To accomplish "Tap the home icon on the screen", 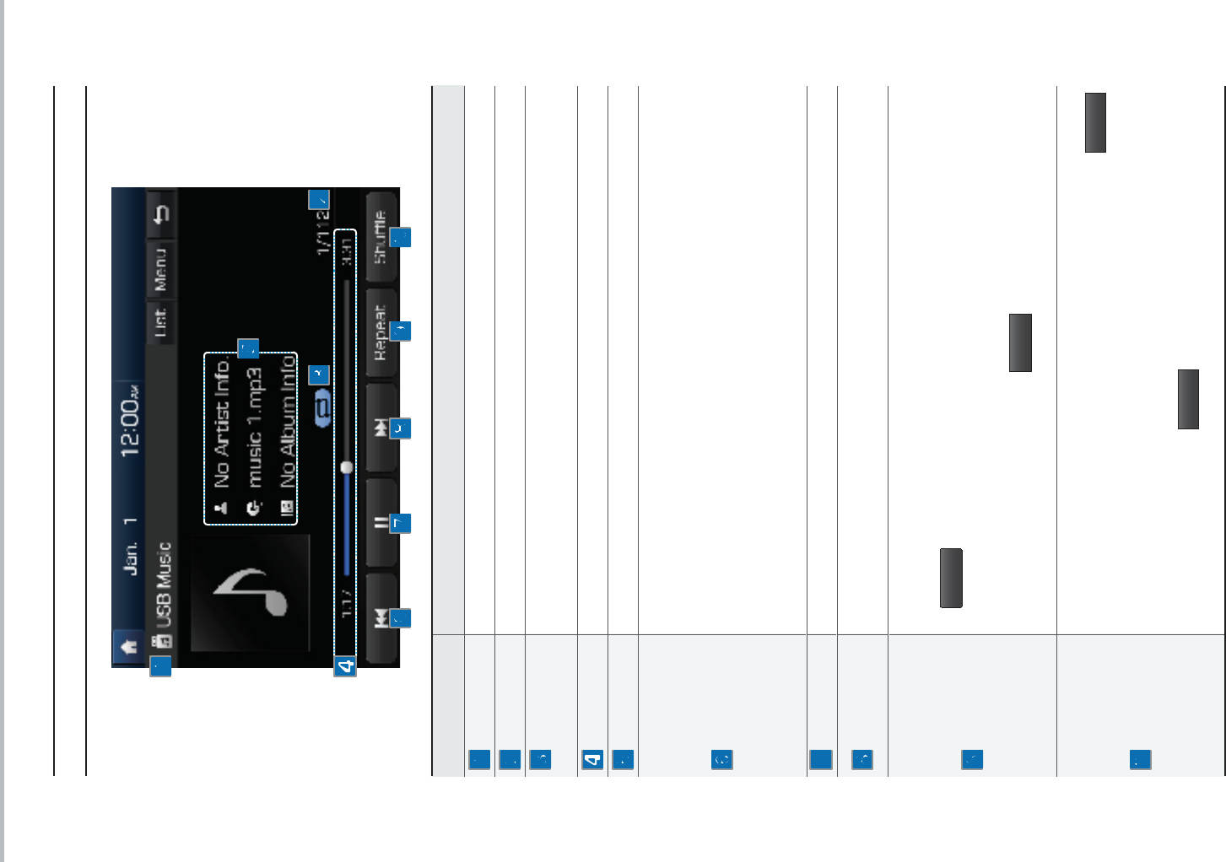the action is [x=128, y=646].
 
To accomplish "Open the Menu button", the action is [x=160, y=269].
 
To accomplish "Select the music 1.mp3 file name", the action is [x=254, y=427].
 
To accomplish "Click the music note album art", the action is [x=250, y=592].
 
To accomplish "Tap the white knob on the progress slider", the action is [x=346, y=467].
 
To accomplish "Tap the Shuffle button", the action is [x=381, y=237].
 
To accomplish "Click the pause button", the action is [x=381, y=523].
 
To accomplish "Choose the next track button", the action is [x=381, y=428].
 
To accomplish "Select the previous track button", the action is [x=381, y=618].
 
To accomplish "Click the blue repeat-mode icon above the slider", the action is [x=322, y=407].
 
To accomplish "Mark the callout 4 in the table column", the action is [x=592, y=759].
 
